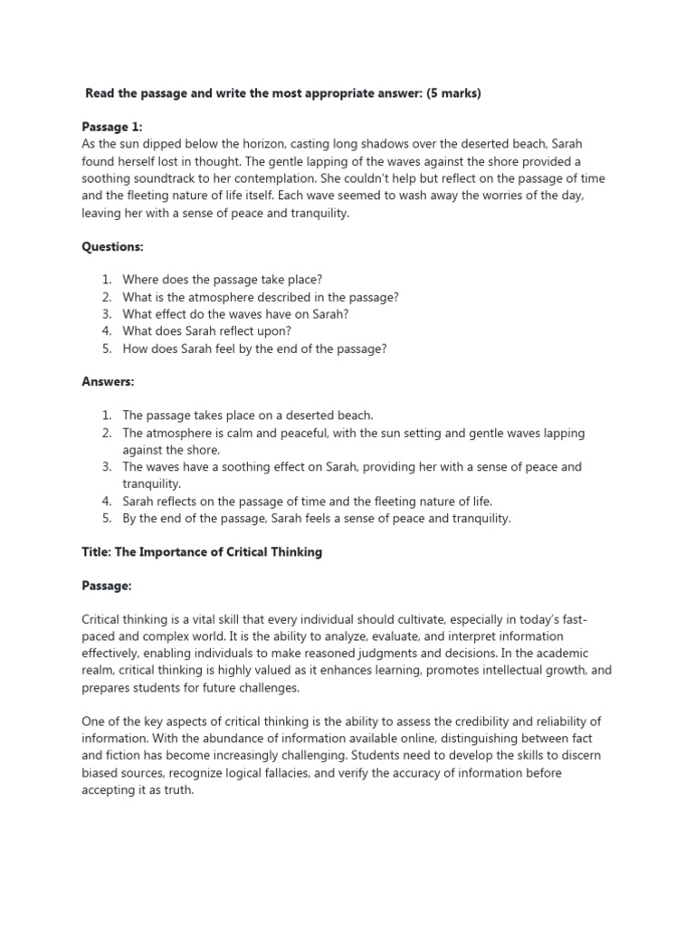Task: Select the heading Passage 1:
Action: pos(112,128)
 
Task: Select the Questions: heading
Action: pos(113,246)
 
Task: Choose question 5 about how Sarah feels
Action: pos(254,349)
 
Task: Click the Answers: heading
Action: pos(108,382)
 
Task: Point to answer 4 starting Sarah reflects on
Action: pos(307,501)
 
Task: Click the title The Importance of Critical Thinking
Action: pos(202,551)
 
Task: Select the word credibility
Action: pos(462,722)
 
